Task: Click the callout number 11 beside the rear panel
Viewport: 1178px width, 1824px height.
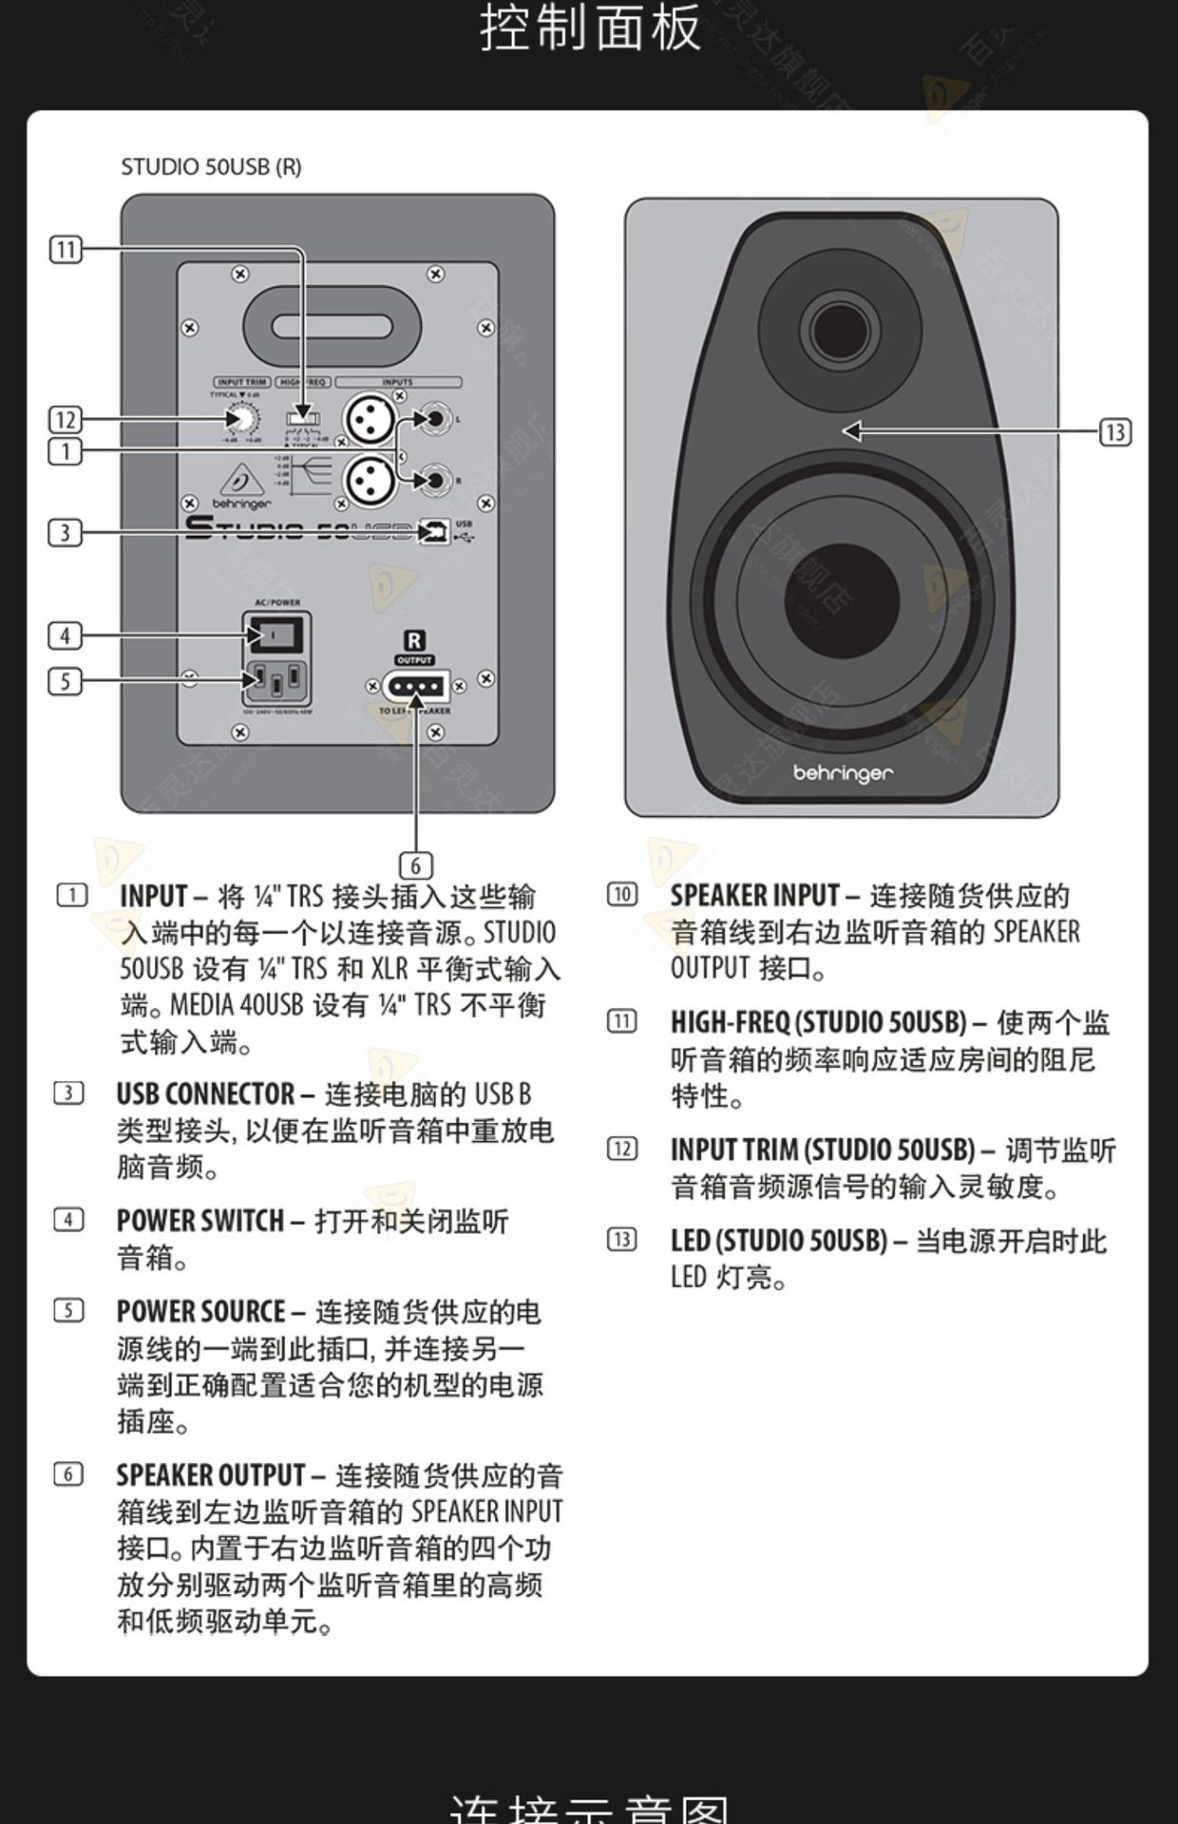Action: point(66,250)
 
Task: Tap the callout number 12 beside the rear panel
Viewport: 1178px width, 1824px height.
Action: point(66,419)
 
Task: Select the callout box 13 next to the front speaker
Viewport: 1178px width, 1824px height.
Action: point(1115,432)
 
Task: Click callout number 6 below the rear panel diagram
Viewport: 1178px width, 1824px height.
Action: point(415,865)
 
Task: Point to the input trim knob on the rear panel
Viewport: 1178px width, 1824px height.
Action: point(241,418)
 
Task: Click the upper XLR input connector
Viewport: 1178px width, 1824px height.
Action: point(369,418)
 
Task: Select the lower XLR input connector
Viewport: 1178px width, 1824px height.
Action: point(369,480)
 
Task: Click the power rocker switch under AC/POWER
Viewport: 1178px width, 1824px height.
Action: point(276,634)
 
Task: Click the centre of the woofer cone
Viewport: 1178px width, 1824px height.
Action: point(842,598)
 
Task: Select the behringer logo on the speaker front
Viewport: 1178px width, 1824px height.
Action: point(843,773)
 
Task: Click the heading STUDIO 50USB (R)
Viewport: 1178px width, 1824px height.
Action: point(211,167)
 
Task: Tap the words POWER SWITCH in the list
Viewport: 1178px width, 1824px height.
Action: point(199,1221)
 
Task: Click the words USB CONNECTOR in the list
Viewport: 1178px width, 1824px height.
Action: point(205,1094)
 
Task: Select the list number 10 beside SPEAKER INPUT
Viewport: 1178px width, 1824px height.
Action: point(622,894)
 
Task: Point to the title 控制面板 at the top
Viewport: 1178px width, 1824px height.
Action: point(589,28)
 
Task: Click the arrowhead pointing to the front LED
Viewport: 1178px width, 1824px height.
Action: point(852,430)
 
